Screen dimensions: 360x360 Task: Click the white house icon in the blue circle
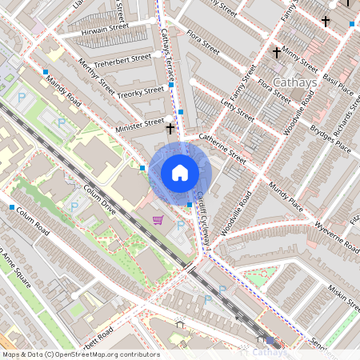[180, 173]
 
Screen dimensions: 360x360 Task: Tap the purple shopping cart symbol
[158, 220]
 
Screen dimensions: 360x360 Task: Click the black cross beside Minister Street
[170, 128]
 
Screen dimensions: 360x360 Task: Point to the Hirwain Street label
[99, 30]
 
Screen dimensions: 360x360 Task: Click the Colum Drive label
[99, 200]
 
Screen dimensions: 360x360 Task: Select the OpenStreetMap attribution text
[80, 354]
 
